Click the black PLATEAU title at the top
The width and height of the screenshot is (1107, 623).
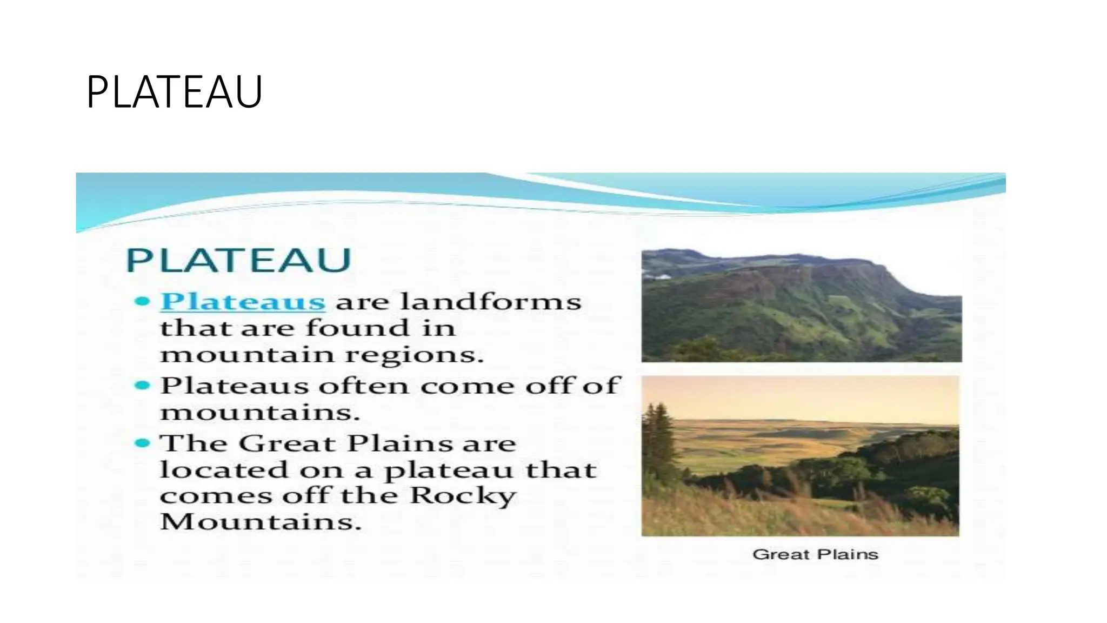tap(174, 92)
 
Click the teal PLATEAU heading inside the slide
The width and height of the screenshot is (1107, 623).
tap(238, 260)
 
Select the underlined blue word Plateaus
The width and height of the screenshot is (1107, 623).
tap(243, 301)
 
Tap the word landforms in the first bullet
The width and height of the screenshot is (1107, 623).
tap(491, 301)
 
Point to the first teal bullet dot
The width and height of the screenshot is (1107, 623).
tap(142, 301)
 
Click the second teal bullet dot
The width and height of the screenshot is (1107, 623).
tap(142, 386)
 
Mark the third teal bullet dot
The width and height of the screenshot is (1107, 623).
tap(142, 443)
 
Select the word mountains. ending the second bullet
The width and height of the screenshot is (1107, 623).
tap(260, 413)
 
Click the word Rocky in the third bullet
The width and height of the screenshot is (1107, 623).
tap(463, 496)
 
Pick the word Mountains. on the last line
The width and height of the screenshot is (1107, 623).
tap(260, 522)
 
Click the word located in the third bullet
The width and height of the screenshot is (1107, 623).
tap(224, 469)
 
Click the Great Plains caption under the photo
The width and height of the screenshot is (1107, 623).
tap(815, 554)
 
